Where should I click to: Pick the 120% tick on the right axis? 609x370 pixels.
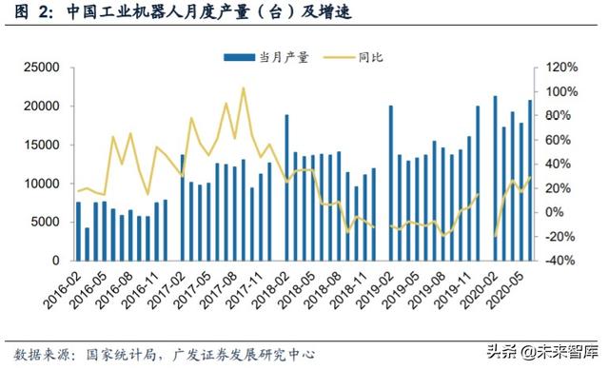pos(562,68)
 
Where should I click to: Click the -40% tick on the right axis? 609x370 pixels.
pos(562,260)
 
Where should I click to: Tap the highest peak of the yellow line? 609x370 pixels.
pos(243,88)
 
